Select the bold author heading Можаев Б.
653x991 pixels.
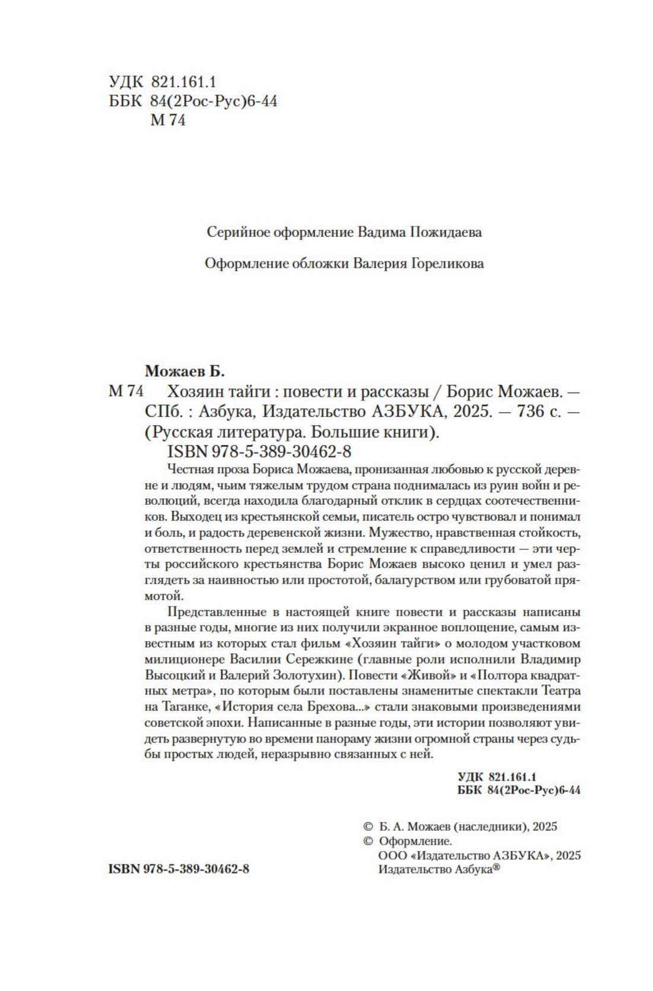[x=186, y=372]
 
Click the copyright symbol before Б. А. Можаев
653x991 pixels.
[x=367, y=827]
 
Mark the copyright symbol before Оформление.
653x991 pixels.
[x=367, y=841]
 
